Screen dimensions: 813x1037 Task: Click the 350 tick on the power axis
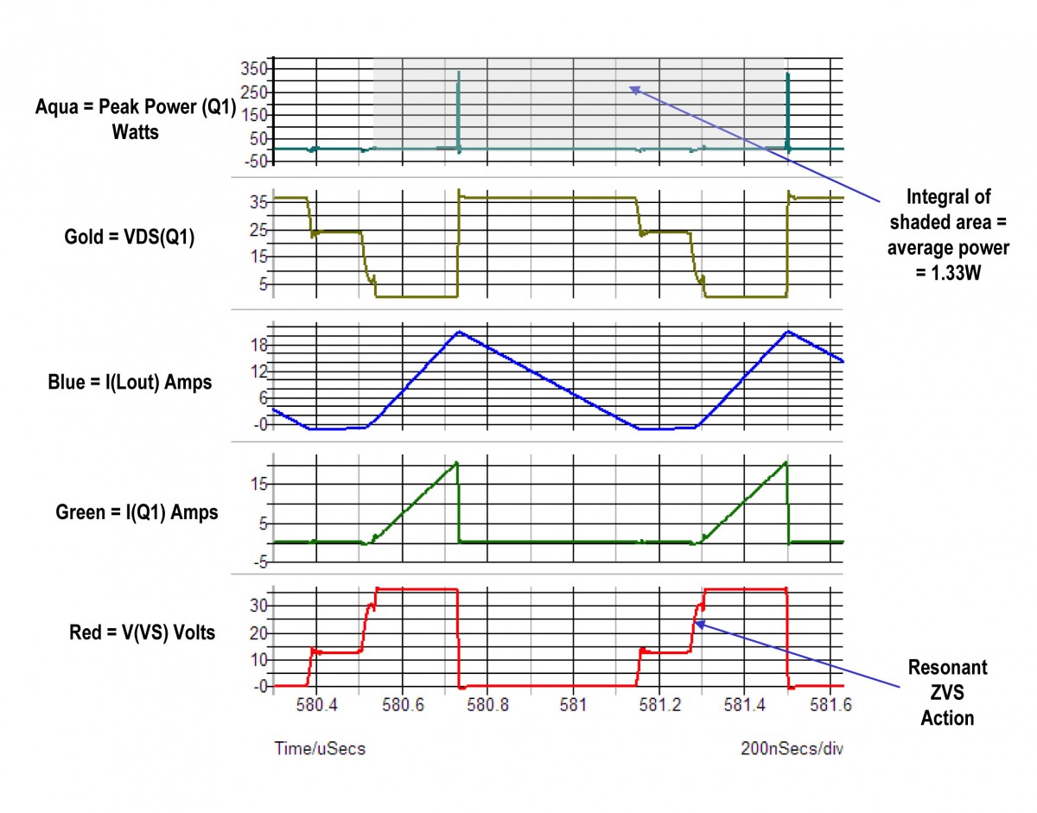coord(256,68)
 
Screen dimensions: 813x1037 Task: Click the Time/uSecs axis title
coord(320,748)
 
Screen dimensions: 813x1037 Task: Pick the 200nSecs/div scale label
coord(791,748)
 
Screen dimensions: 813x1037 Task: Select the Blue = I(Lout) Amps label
coord(130,382)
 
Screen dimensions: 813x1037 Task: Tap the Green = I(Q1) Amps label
coord(137,512)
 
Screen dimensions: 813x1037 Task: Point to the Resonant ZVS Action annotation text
coord(946,693)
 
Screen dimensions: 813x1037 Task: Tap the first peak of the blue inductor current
coord(460,332)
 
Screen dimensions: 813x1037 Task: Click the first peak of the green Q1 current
coord(456,463)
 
